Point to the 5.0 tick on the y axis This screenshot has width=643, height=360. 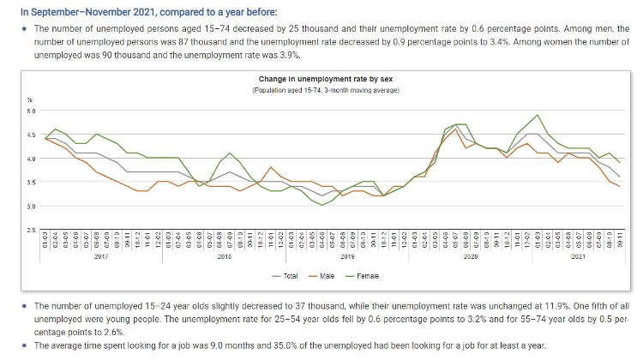click(x=31, y=111)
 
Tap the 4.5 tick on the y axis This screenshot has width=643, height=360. click(x=31, y=135)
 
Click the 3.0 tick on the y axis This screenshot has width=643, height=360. click(x=31, y=207)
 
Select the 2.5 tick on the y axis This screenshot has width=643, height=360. click(x=31, y=231)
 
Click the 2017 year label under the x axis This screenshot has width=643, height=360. click(x=99, y=256)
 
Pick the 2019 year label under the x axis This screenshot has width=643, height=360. click(x=347, y=256)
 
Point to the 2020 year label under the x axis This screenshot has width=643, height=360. click(x=471, y=256)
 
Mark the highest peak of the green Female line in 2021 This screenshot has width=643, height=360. click(x=537, y=115)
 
